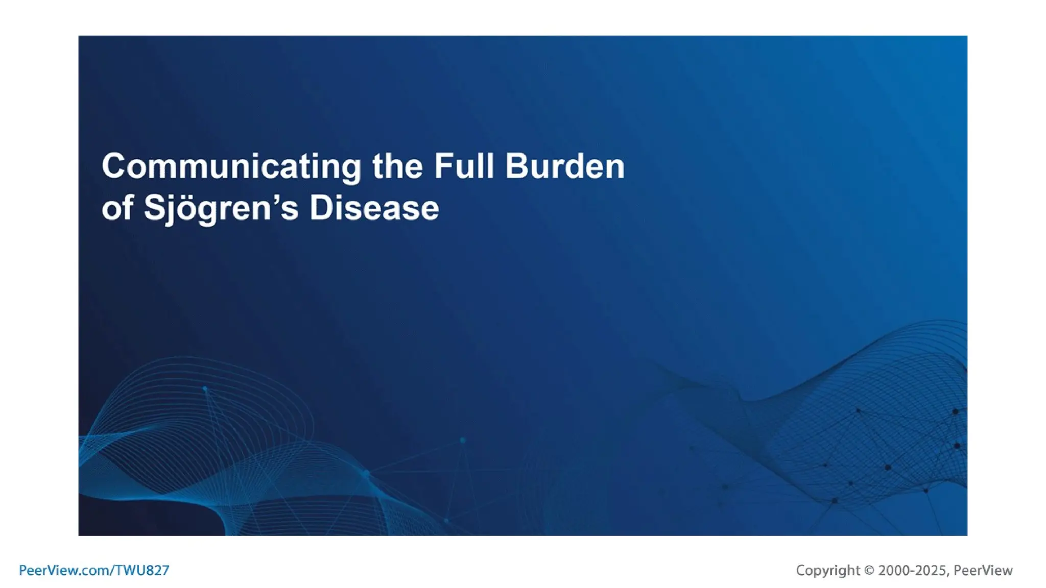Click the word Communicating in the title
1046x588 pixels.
coord(231,167)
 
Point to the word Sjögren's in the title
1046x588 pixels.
coord(221,208)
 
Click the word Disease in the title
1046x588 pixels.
coord(374,208)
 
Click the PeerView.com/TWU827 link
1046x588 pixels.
coord(94,570)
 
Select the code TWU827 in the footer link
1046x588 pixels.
coord(142,570)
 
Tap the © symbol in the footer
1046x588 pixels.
coord(869,570)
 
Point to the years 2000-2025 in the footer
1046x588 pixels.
coord(912,570)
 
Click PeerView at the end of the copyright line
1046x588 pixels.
coord(983,570)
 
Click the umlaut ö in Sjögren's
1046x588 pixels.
coord(188,209)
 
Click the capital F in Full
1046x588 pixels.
coord(442,166)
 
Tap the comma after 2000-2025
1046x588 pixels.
coord(948,574)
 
